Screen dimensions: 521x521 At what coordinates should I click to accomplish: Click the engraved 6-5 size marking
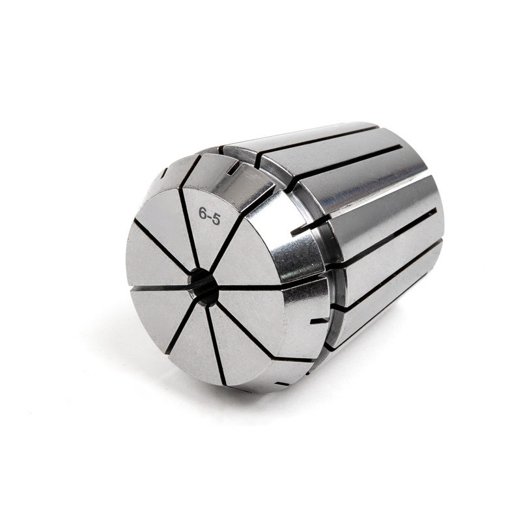click(x=209, y=216)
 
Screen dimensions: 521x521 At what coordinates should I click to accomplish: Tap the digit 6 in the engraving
click(x=202, y=213)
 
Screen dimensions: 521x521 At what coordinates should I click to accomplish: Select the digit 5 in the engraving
click(x=216, y=219)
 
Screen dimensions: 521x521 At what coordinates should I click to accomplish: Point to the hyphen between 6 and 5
click(x=208, y=216)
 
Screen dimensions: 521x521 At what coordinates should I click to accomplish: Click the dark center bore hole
click(x=203, y=284)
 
